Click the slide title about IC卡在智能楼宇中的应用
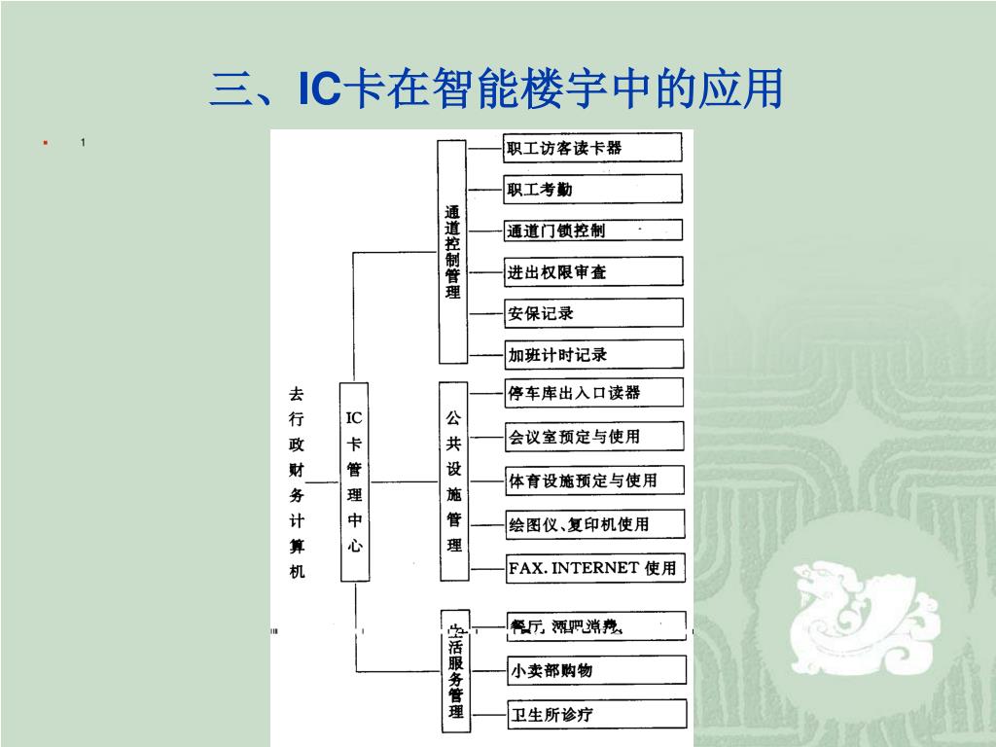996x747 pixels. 496,89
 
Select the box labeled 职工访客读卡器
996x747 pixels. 592,148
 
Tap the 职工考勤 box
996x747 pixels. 592,189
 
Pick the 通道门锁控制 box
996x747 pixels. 592,231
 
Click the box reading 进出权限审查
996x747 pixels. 593,271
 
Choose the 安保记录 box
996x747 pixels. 593,313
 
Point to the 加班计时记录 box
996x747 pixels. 593,354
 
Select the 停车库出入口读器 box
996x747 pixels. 593,393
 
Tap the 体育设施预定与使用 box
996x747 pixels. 594,480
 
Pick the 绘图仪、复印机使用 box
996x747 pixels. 595,524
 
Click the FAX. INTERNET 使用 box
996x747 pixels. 595,568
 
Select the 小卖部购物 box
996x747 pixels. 596,670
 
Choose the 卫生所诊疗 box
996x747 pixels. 596,715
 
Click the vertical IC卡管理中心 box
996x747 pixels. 355,481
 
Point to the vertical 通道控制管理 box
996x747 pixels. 452,250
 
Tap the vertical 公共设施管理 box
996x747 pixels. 454,480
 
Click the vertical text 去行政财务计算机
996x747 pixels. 297,481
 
